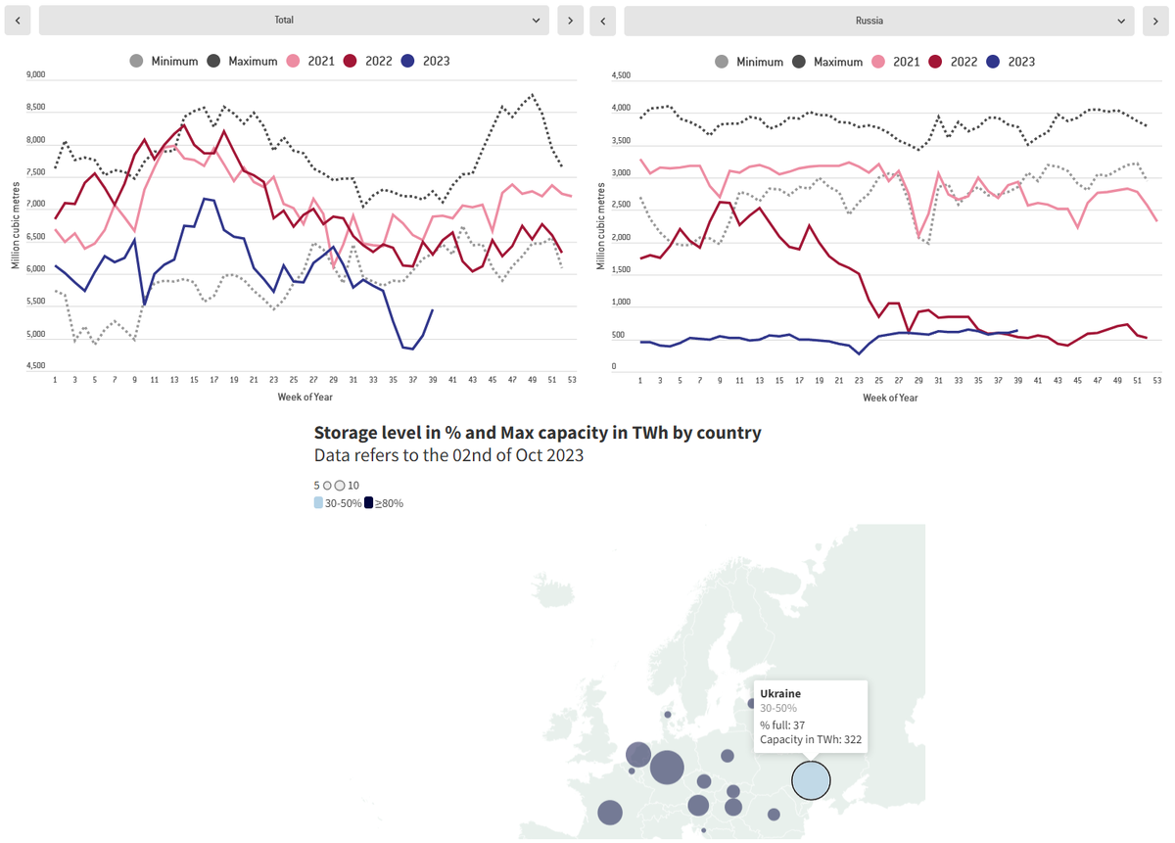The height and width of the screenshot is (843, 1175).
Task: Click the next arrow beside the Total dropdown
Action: [570, 20]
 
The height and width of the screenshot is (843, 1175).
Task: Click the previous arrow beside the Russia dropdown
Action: [603, 21]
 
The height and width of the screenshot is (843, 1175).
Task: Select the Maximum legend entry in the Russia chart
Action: [828, 62]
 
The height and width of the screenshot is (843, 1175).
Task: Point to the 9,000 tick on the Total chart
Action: [35, 74]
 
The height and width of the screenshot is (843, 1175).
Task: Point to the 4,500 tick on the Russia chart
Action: [620, 75]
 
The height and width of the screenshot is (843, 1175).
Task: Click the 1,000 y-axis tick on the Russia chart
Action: [620, 303]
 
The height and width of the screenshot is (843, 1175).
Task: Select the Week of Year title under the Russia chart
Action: [890, 398]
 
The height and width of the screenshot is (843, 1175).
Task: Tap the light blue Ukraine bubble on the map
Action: [811, 781]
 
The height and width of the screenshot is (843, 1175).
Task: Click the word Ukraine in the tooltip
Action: [780, 693]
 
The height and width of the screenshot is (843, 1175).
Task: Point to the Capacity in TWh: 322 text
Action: [810, 740]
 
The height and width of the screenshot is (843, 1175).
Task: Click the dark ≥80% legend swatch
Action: [368, 503]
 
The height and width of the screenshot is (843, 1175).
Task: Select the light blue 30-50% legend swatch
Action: [318, 503]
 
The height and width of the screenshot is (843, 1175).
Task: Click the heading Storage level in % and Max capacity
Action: [537, 433]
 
